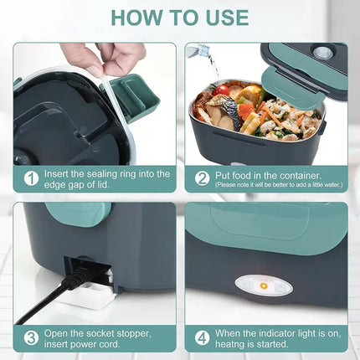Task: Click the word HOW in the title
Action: point(133,17)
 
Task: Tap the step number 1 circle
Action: point(31,178)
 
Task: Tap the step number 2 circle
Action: point(202,178)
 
